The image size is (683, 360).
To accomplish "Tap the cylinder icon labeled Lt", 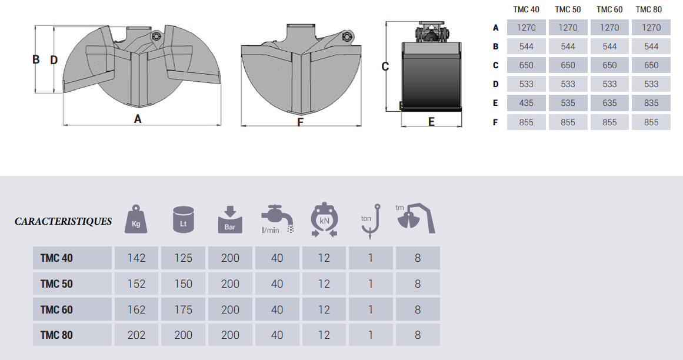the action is point(183,219).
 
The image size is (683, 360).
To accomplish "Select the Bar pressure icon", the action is point(229,219).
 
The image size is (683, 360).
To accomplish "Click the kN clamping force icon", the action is point(324,220).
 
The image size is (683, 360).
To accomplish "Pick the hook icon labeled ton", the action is point(371,221).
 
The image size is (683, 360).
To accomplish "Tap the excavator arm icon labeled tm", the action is point(416,218).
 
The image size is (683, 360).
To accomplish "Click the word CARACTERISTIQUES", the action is point(63,221).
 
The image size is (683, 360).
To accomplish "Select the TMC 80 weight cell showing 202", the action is point(136,335).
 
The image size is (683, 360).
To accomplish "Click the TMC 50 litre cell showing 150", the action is point(183,284).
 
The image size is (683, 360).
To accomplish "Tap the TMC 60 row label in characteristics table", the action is point(56,309).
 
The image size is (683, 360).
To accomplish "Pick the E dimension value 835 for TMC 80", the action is point(651,103).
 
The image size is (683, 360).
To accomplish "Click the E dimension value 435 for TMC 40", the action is point(526,103).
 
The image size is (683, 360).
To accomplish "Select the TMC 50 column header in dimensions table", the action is point(568,9).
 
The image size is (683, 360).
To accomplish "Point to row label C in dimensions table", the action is point(496,65).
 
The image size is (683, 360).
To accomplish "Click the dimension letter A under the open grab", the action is point(138,119).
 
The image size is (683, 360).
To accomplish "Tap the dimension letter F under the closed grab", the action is point(300,122).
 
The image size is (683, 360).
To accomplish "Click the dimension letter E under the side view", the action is point(431,122).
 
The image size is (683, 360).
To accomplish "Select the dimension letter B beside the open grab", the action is point(36,59).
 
